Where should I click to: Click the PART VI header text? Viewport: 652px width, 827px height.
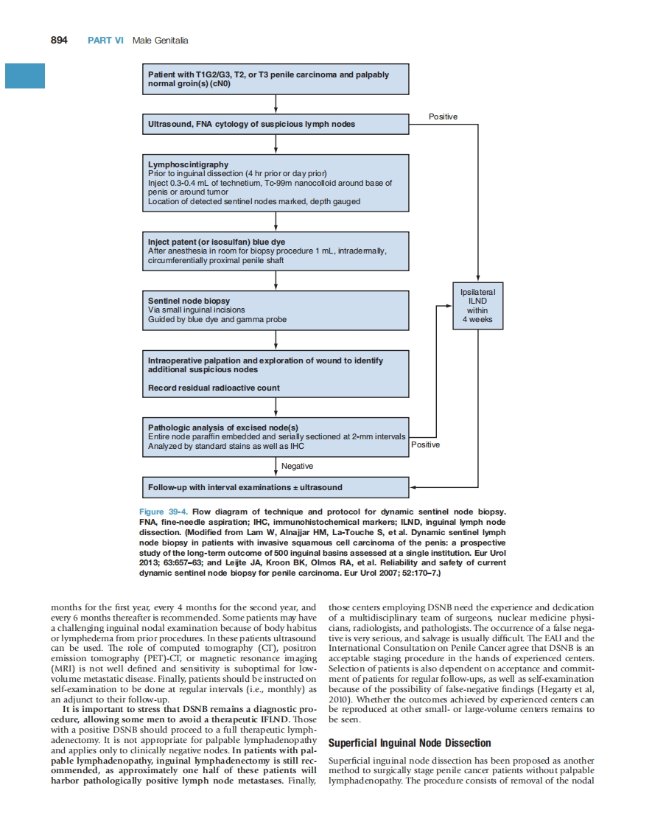[x=105, y=40]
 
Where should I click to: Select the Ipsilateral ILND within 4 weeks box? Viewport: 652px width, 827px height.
[x=477, y=306]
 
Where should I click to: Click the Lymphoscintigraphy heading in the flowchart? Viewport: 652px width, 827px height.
[x=188, y=164]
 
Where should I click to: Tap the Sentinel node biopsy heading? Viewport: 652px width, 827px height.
[x=189, y=301]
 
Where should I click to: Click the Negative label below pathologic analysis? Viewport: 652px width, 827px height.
[x=297, y=466]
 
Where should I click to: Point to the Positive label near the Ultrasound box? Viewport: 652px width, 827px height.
[x=443, y=116]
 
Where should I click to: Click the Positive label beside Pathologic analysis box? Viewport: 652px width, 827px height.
[x=425, y=444]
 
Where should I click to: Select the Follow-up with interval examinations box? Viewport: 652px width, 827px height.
[x=275, y=487]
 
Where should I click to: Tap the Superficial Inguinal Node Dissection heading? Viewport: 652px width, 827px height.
[x=409, y=743]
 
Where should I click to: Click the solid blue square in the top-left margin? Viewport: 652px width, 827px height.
[x=25, y=76]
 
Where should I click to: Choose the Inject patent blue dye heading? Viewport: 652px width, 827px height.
[x=217, y=242]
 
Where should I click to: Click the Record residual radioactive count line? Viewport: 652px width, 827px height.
[x=214, y=388]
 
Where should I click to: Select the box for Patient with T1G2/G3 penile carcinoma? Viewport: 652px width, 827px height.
[x=275, y=79]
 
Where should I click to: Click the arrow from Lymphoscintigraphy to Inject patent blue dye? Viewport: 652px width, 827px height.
[x=276, y=222]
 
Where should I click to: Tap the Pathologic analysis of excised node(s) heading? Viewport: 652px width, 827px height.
[x=222, y=428]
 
